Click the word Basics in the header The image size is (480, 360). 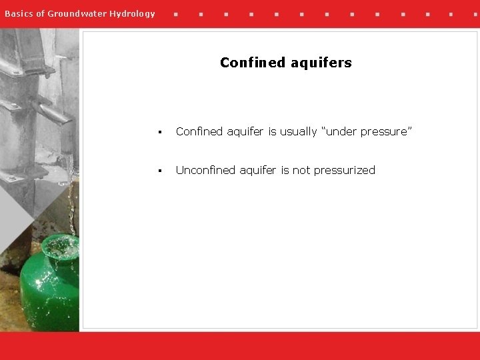pos(18,13)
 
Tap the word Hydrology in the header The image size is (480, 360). pos(133,13)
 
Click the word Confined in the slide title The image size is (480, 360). pos(253,63)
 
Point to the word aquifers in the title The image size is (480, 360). pos(321,63)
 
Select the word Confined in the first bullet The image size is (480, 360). pos(199,132)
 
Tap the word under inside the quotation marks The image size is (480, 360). pos(341,132)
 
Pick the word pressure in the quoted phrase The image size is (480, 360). pos(387,132)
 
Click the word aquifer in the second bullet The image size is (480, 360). pos(259,171)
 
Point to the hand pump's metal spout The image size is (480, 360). pos(53,113)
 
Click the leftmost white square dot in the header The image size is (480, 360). pos(175,13)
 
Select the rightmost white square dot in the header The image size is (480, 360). pos(475,13)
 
